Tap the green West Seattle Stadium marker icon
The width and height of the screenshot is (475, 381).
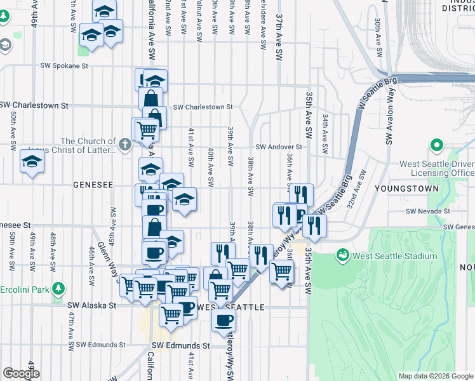pos(343,255)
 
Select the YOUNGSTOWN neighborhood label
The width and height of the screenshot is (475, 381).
pos(406,189)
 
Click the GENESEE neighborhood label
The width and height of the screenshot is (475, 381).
pos(93,185)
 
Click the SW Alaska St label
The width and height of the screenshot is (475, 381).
pos(92,305)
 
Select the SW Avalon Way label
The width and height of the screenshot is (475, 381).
pos(389,122)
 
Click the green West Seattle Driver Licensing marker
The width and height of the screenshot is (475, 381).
pos(436,146)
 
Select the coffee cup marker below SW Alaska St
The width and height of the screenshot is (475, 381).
pos(224,320)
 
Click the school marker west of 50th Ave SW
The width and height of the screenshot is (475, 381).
pos(32,161)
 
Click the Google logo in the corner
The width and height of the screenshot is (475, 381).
pos(21,373)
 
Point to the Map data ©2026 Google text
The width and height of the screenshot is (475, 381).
pos(436,376)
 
